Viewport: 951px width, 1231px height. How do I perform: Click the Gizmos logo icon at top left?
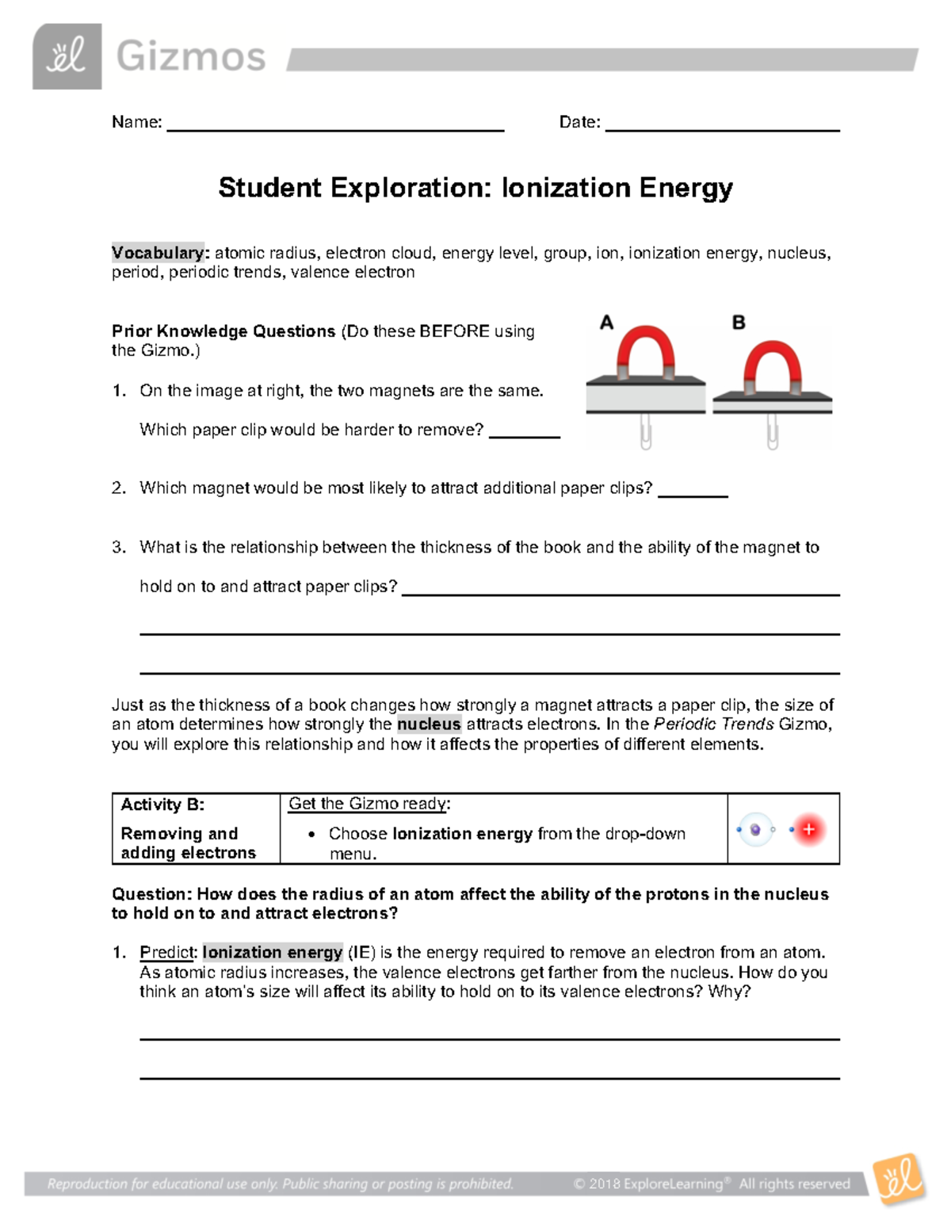click(x=67, y=56)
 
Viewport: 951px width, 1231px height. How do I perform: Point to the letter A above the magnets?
click(x=606, y=323)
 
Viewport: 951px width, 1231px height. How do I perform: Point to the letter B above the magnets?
click(x=739, y=323)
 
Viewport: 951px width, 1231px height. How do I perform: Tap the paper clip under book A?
click(x=646, y=432)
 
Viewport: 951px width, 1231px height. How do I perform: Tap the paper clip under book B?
click(x=772, y=433)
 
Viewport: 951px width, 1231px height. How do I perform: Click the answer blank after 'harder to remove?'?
click(x=525, y=435)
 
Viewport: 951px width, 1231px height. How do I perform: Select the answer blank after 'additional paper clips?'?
click(x=693, y=494)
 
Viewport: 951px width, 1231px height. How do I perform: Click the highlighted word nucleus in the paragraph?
click(x=429, y=724)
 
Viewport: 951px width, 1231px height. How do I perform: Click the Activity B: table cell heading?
click(x=162, y=805)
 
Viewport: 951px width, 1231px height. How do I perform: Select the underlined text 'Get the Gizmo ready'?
click(x=368, y=804)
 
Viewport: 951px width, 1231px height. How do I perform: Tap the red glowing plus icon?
click(x=808, y=830)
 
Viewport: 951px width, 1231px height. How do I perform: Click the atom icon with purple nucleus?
click(x=755, y=830)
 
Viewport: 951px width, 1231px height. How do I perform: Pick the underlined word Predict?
click(x=166, y=952)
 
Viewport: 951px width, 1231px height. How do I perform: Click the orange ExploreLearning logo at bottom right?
click(x=899, y=1180)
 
